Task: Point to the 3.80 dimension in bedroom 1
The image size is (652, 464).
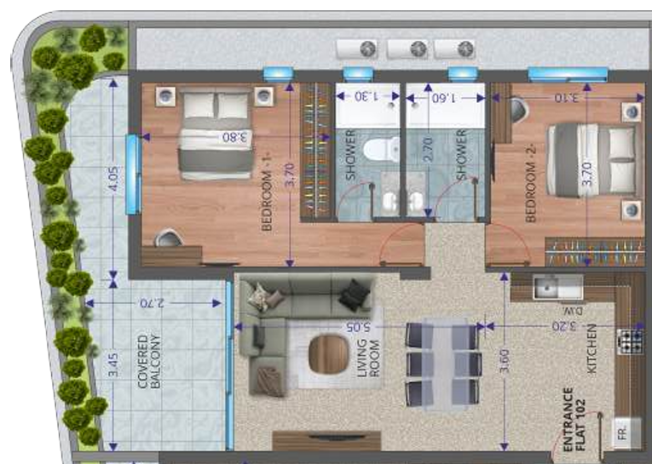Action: coord(234,135)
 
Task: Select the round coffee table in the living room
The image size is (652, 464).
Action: coord(328,354)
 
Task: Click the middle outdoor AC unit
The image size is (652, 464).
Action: coord(418,49)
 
